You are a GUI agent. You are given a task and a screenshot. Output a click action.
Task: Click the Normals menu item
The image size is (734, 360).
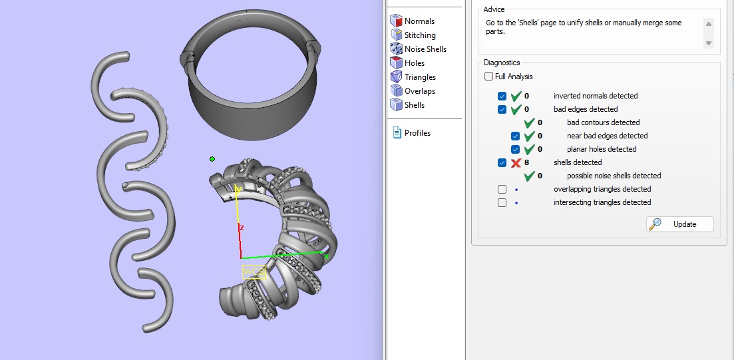(x=419, y=21)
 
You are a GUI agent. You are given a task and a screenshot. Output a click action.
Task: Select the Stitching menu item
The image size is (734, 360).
(x=420, y=35)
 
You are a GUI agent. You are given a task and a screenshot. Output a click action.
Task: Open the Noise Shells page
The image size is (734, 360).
(x=425, y=49)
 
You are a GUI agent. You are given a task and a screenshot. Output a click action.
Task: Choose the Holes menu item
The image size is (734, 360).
(x=414, y=63)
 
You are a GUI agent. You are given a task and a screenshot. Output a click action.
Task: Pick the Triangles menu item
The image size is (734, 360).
(x=420, y=77)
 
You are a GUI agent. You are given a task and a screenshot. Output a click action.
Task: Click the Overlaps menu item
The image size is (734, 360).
(x=419, y=91)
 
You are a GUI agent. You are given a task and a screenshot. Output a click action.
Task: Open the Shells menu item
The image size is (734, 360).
(x=414, y=105)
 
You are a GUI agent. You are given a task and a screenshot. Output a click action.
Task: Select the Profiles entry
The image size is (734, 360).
(x=417, y=133)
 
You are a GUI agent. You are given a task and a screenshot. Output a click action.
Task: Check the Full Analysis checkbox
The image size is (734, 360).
(x=489, y=77)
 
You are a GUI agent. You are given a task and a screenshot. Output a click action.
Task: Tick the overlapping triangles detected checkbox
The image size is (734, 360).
(x=502, y=189)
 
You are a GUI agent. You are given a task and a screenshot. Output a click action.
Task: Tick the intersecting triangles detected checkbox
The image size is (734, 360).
(x=502, y=202)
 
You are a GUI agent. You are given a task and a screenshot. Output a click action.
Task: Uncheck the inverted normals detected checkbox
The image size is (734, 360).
(x=502, y=96)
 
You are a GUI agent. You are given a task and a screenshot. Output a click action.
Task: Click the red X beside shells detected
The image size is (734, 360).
(x=516, y=162)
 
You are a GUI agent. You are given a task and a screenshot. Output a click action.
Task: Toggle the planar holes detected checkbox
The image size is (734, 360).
(x=516, y=149)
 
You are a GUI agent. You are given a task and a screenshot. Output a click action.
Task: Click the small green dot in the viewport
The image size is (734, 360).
(x=212, y=159)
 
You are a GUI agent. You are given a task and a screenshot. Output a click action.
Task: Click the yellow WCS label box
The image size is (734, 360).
(x=254, y=271)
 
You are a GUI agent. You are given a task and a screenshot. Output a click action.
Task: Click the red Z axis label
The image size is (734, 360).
(x=242, y=228)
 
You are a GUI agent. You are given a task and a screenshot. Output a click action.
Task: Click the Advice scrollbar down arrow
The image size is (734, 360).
(x=709, y=43)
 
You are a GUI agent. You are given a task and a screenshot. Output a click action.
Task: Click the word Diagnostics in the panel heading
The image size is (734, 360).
(x=502, y=63)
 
